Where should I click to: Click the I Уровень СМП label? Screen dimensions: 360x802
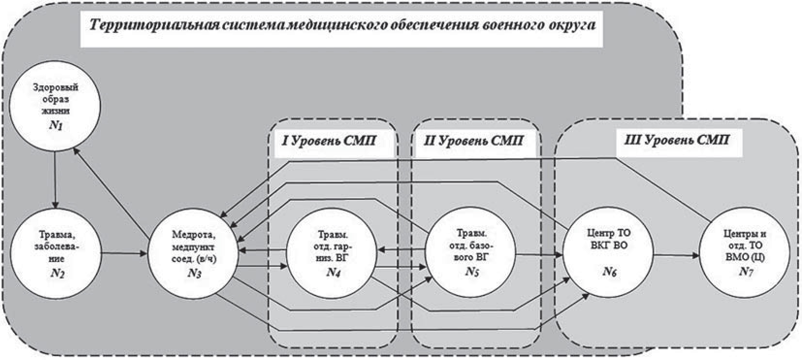coord(329,141)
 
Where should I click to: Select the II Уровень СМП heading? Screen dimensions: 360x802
coord(473,141)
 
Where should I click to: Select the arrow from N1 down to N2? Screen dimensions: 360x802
coord(55,177)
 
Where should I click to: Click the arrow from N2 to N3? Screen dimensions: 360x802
coord(125,253)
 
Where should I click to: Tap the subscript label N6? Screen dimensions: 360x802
coord(610,272)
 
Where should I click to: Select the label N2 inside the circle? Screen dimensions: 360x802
coord(57,273)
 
